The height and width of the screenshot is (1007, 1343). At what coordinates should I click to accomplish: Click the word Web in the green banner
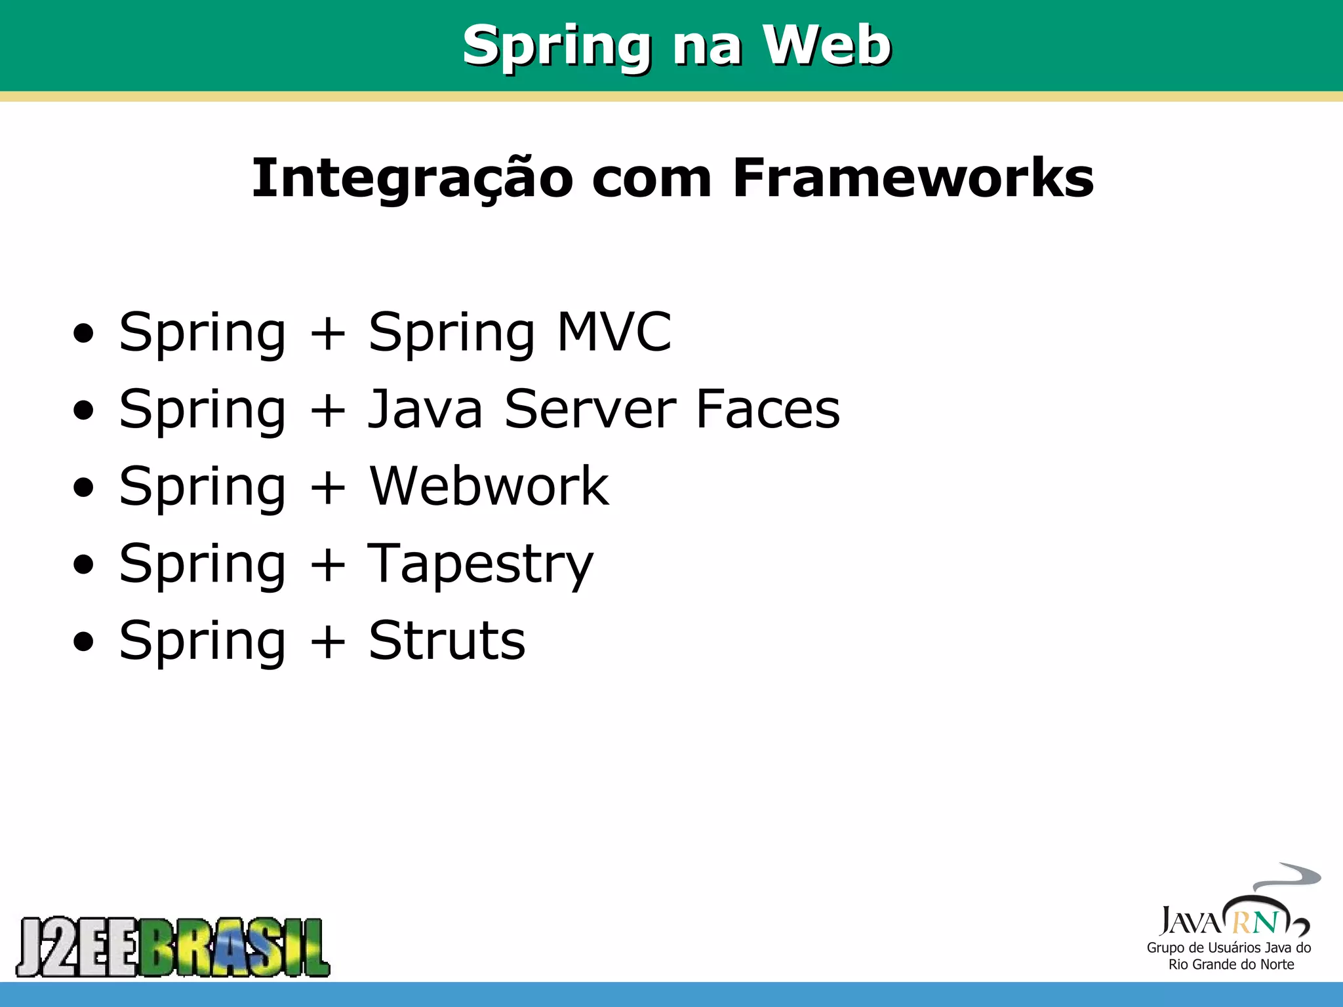coord(827,45)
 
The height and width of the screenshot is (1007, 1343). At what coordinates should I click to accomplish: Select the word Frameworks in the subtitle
coord(913,178)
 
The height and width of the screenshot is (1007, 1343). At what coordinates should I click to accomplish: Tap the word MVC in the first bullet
coord(614,332)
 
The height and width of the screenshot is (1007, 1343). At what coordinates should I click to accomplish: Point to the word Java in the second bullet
coord(425,409)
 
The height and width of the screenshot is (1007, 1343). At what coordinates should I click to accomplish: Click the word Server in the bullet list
coord(590,409)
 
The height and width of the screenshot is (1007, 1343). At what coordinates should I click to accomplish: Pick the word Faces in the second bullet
coord(767,409)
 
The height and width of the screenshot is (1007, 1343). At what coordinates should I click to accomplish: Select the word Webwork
coord(489,486)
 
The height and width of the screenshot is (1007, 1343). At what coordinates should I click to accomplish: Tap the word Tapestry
coord(480,564)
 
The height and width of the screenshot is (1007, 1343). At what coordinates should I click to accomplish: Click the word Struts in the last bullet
coord(447,641)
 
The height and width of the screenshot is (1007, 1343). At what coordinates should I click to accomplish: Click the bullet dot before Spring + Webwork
coord(84,488)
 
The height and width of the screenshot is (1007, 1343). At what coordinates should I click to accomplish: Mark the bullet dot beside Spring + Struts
coord(84,642)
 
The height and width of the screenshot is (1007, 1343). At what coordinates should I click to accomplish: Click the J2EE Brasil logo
coord(173,947)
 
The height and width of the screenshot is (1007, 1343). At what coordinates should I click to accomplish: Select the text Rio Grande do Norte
coord(1231,964)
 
